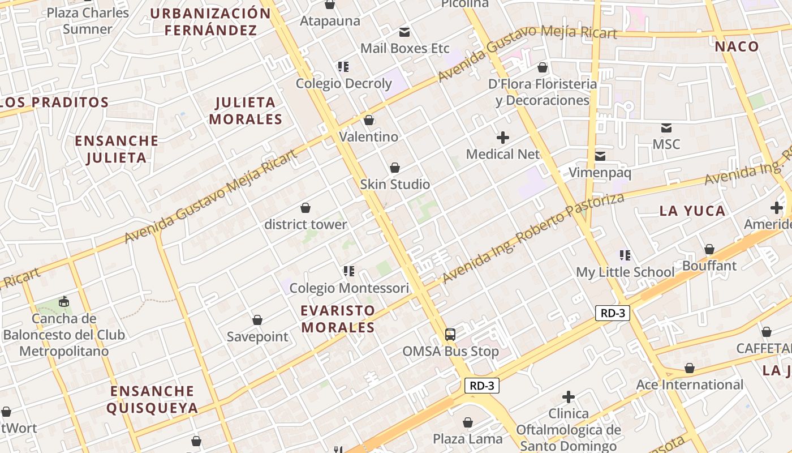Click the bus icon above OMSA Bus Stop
point(450,334)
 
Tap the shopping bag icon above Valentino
point(369,120)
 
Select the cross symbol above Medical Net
point(502,138)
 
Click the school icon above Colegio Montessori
point(349,271)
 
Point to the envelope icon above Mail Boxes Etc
point(404,32)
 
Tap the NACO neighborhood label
point(737,46)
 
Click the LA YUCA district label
point(692,211)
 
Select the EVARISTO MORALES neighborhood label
point(338,319)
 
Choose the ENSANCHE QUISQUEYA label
point(152,399)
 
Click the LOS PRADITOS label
point(55,102)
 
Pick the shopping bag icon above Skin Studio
point(395,168)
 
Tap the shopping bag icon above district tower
point(305,208)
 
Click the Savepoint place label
point(257,337)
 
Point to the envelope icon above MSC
point(666,128)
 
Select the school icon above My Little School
point(625,255)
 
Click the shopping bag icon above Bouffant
point(709,249)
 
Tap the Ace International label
point(690,385)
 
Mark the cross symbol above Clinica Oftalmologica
point(569,397)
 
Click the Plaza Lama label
point(468,439)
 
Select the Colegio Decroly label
point(344,84)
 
